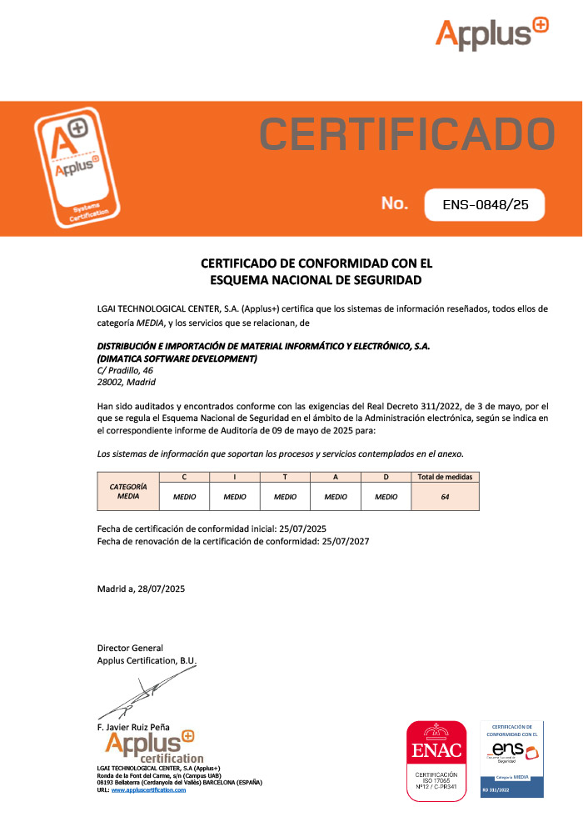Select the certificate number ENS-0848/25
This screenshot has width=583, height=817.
click(485, 203)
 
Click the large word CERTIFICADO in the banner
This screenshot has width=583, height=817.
click(406, 135)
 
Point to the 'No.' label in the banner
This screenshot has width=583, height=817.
click(394, 203)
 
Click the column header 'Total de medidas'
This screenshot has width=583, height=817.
click(445, 478)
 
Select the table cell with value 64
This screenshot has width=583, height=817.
click(445, 496)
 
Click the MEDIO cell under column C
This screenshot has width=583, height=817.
click(184, 496)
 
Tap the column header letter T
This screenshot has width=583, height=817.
click(285, 478)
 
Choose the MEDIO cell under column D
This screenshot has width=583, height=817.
click(386, 496)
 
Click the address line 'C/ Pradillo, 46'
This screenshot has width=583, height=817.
click(125, 370)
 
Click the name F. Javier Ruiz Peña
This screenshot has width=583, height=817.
click(134, 726)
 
